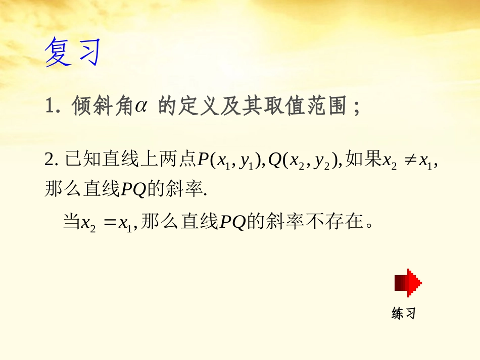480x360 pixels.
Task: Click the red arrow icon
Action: click(x=408, y=283)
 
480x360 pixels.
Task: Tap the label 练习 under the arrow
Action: click(x=403, y=314)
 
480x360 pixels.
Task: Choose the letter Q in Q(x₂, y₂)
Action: click(x=276, y=160)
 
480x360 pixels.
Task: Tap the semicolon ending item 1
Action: click(x=357, y=108)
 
